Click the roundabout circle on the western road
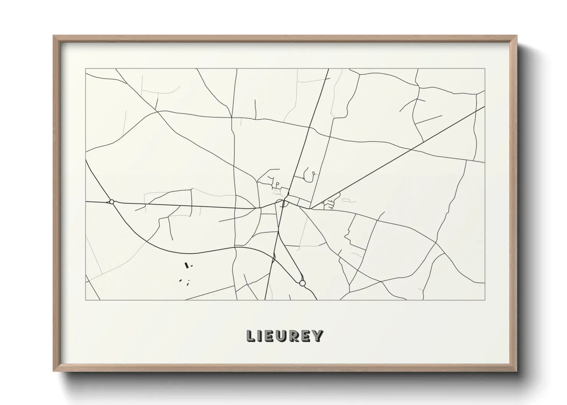click(x=111, y=201)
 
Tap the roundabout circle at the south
click(x=302, y=283)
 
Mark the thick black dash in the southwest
click(x=187, y=265)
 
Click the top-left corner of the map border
click(x=85, y=69)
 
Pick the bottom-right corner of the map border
click(x=485, y=300)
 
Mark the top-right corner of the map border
click(x=485, y=69)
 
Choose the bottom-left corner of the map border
click(x=85, y=300)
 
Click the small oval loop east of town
click(x=346, y=200)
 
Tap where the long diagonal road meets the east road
click(x=311, y=209)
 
